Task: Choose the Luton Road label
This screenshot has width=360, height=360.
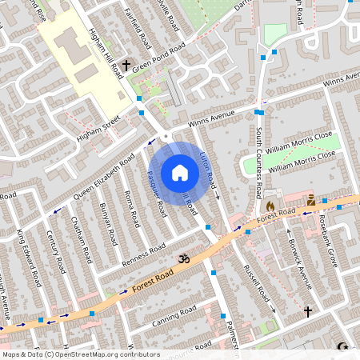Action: [x=208, y=170]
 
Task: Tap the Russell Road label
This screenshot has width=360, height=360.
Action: [x=257, y=281]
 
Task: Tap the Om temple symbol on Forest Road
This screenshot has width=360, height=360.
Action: [x=182, y=258]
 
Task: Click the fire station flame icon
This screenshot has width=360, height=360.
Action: [x=270, y=205]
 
